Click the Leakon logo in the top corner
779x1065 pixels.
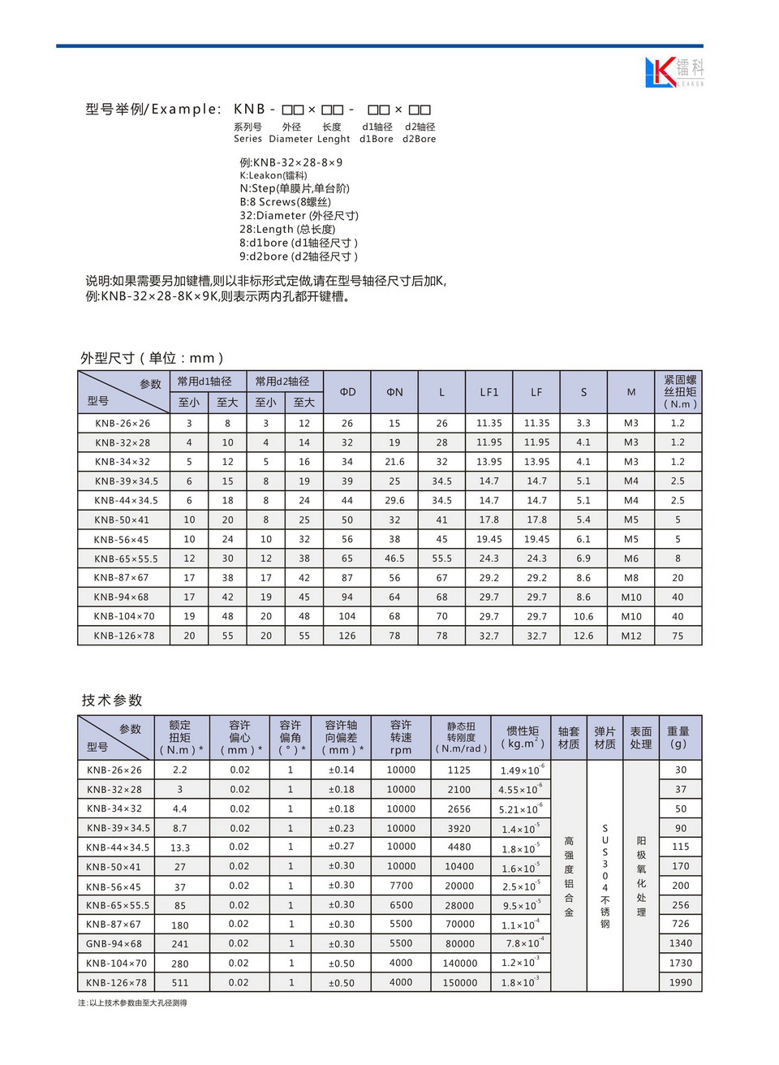click(x=674, y=72)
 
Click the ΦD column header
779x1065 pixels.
click(x=347, y=392)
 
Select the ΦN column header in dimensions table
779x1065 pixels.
click(x=394, y=392)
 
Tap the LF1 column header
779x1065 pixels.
click(x=488, y=392)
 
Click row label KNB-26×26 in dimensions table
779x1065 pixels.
click(x=123, y=423)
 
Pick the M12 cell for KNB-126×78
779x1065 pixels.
click(x=631, y=636)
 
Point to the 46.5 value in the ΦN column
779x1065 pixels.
click(x=394, y=558)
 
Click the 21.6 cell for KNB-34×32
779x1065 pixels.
click(x=394, y=462)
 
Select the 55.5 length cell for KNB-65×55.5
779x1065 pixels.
click(x=441, y=558)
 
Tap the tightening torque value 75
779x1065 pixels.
click(x=678, y=636)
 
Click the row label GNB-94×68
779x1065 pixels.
click(x=114, y=943)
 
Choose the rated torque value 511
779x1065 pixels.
click(x=180, y=982)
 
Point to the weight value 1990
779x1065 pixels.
click(x=681, y=982)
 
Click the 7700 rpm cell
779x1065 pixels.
click(x=401, y=886)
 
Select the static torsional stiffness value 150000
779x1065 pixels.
click(x=460, y=982)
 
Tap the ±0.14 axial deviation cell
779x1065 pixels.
click(x=342, y=770)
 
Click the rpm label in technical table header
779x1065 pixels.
click(x=401, y=751)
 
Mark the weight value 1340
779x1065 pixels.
click(x=681, y=943)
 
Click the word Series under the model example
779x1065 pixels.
click(x=247, y=139)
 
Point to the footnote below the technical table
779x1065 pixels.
click(x=132, y=1003)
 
